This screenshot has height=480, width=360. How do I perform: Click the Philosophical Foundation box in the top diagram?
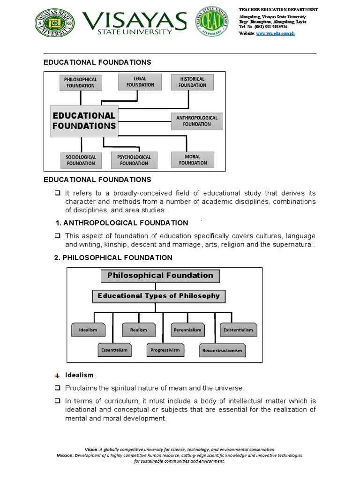80,82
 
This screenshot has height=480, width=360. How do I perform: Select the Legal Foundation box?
140,82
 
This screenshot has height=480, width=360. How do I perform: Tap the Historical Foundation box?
192,82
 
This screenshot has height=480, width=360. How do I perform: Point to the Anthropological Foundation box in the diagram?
197,121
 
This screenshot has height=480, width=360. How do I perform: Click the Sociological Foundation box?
81,160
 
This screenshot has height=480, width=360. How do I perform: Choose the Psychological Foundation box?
134,160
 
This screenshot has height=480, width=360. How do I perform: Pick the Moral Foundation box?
193,160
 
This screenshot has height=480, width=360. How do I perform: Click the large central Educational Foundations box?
84,120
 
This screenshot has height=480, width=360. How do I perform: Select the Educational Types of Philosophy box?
158,296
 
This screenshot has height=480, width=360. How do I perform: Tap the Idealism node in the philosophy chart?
88,330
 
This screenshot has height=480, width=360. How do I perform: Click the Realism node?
138,330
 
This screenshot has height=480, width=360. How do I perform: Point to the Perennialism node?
188,330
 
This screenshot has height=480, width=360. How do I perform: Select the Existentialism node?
238,330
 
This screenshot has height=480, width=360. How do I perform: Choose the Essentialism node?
114,350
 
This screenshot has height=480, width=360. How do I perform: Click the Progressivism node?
165,350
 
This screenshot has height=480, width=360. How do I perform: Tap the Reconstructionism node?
222,350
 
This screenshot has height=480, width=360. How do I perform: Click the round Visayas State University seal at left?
55,22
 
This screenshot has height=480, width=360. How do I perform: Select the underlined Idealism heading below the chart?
79,375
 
